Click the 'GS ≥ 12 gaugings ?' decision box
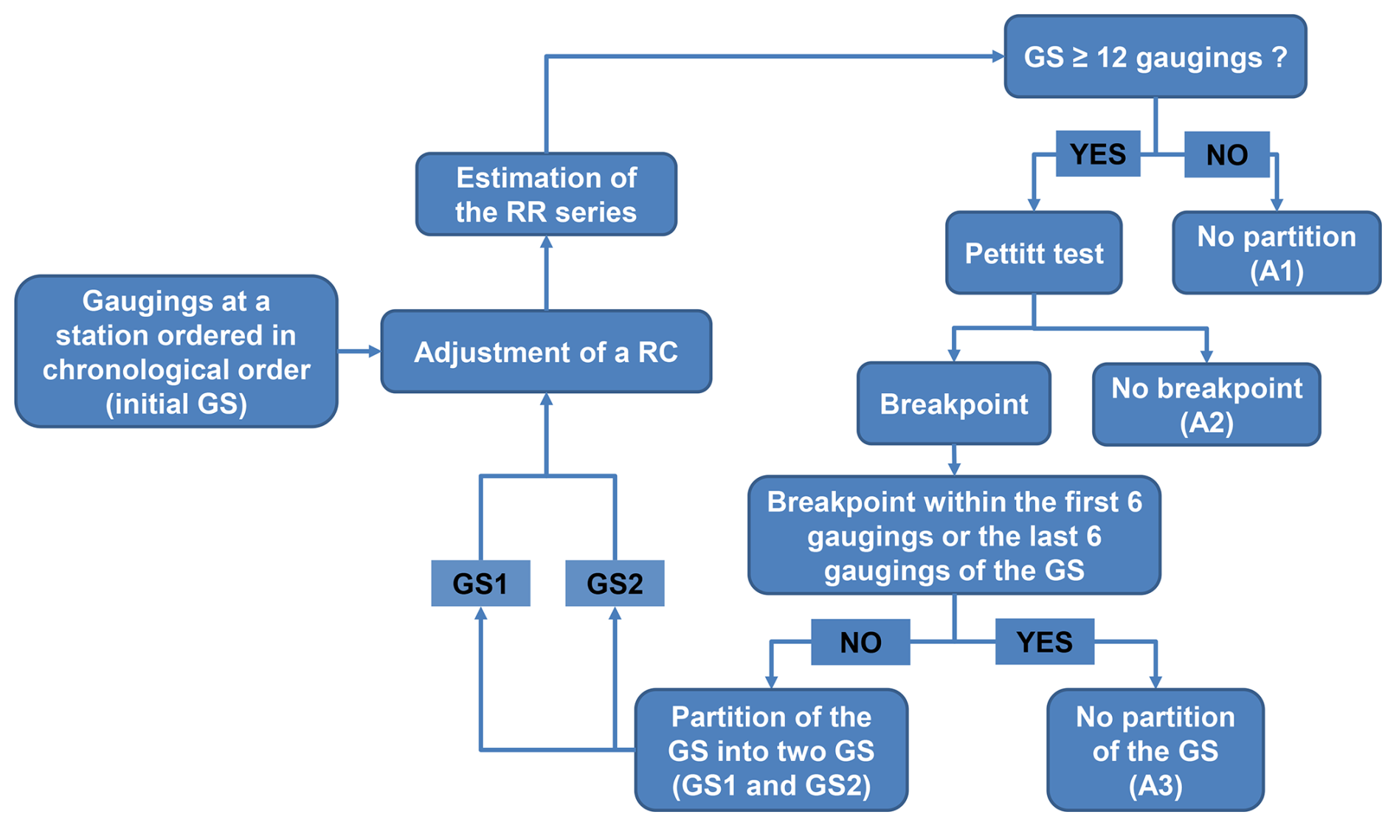(1155, 57)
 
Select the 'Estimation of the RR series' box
(546, 195)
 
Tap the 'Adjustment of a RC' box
(546, 352)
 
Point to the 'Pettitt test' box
(1034, 254)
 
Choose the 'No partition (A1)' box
(1276, 254)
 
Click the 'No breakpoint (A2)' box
(1206, 404)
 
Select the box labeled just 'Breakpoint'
(953, 404)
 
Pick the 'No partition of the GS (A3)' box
(1155, 751)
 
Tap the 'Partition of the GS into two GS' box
(771, 751)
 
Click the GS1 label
(480, 583)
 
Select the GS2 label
(615, 583)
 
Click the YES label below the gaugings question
(1098, 154)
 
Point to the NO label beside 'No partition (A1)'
(1226, 155)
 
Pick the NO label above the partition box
(860, 642)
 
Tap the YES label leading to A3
(1044, 642)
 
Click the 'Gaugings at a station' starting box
(176, 352)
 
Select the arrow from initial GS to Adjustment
(359, 352)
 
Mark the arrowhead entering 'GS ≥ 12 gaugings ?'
(998, 56)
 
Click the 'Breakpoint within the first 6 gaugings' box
(954, 535)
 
